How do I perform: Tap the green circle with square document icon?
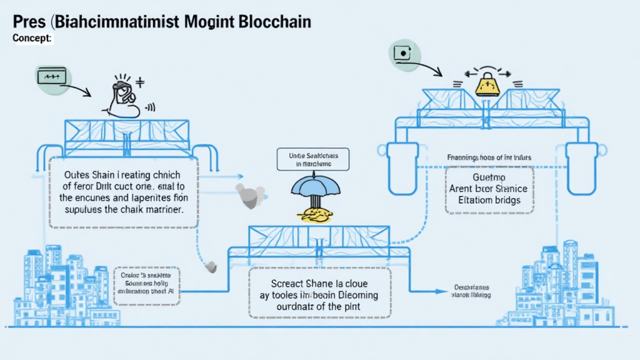coord(404,56)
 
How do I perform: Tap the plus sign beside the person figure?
coord(140,82)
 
